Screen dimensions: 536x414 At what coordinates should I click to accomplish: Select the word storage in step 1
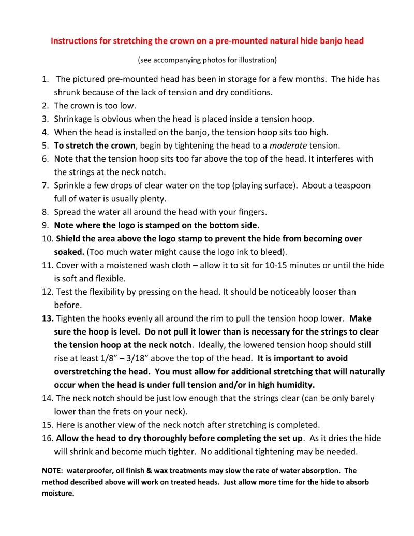pos(238,79)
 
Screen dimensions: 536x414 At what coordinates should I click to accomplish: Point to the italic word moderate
pos(288,146)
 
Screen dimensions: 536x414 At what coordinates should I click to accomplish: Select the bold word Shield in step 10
pos(69,239)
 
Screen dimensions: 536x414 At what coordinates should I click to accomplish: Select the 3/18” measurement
pos(154,358)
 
